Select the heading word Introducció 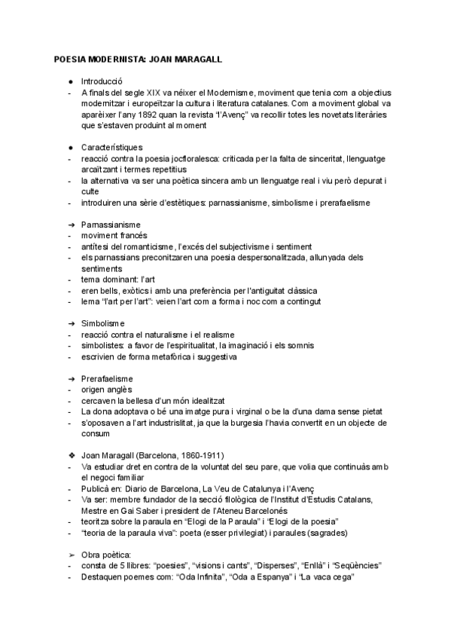pyautogui.click(x=102, y=81)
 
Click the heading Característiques pyautogui.click(x=111, y=148)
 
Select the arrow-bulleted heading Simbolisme pyautogui.click(x=103, y=323)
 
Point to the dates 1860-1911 pyautogui.click(x=200, y=455)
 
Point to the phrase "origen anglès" pyautogui.click(x=106, y=389)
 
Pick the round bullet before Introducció pyautogui.click(x=70, y=81)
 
